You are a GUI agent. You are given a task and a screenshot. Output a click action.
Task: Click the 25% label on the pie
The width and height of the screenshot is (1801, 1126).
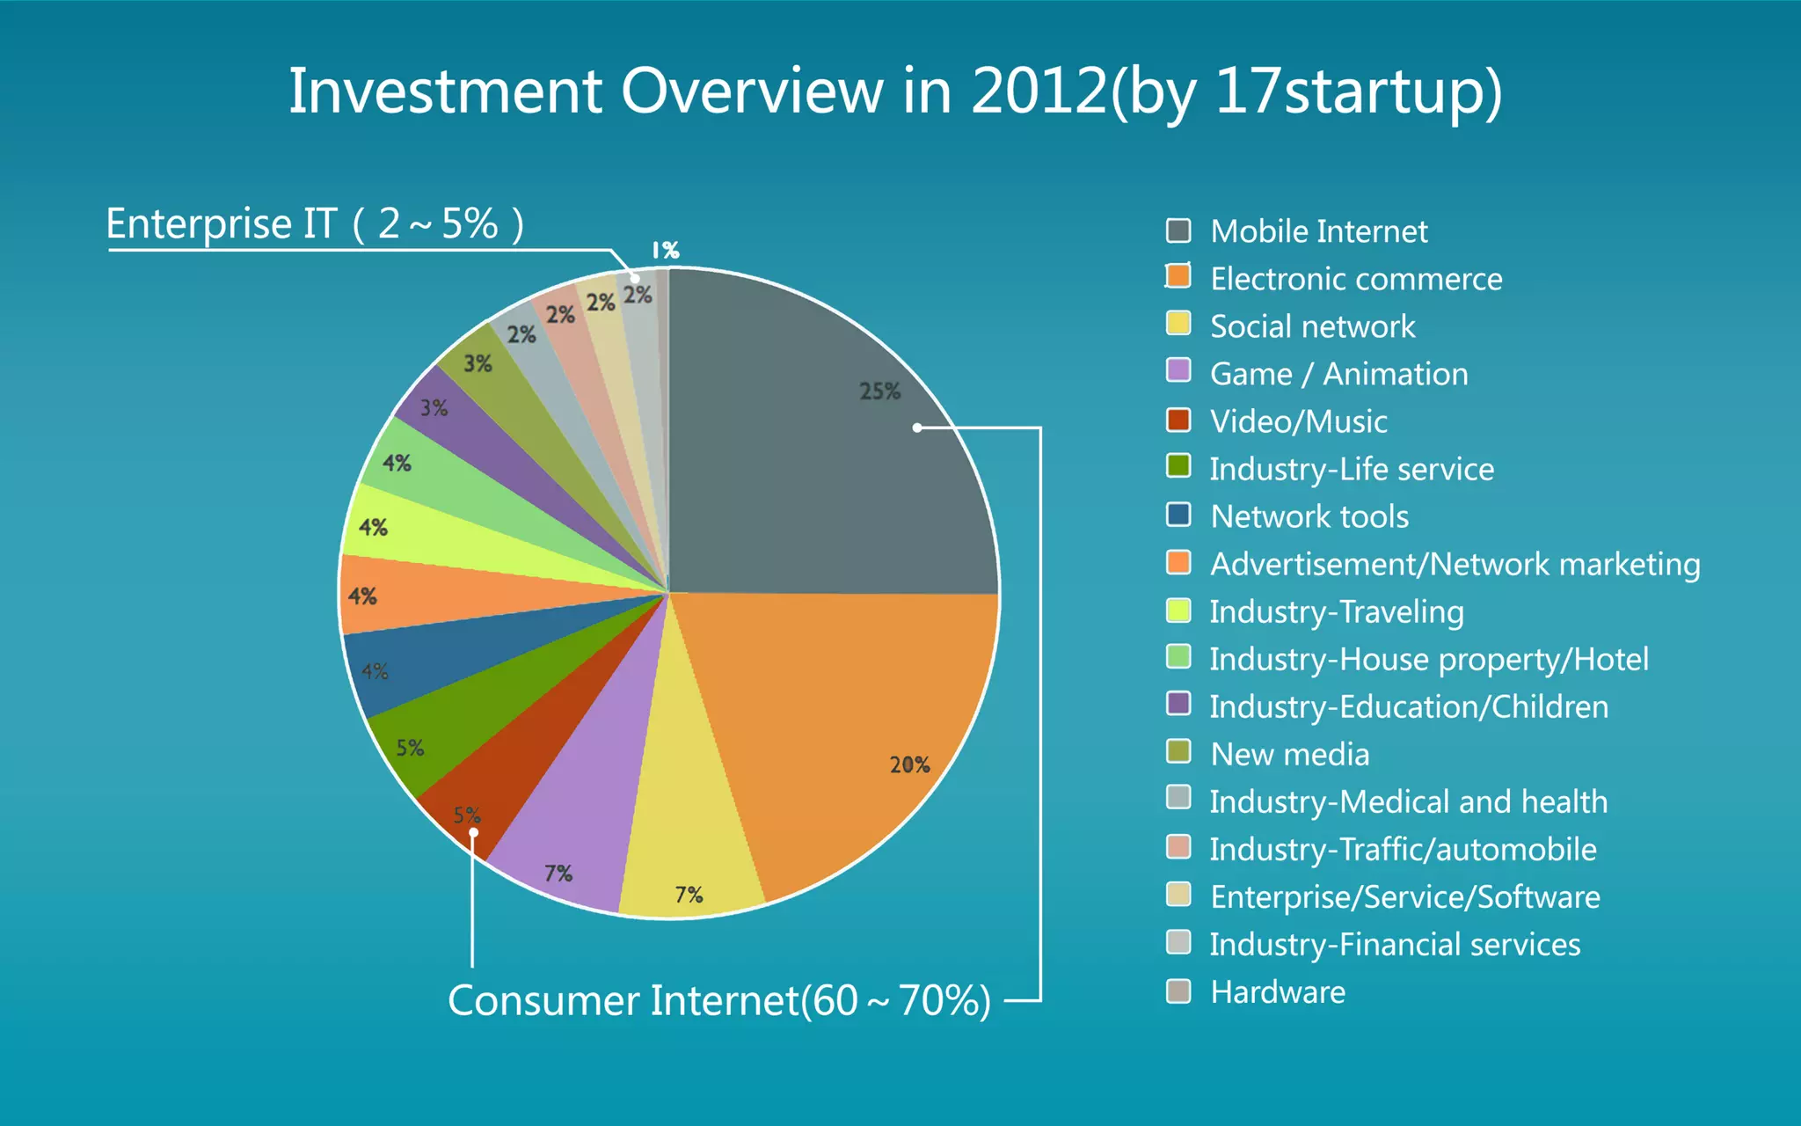click(879, 391)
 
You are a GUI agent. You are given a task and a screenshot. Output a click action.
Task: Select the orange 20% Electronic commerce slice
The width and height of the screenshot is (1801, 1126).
click(844, 721)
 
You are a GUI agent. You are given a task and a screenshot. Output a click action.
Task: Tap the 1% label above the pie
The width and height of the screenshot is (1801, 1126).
click(665, 251)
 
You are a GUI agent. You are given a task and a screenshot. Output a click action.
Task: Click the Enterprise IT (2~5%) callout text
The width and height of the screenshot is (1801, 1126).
click(314, 224)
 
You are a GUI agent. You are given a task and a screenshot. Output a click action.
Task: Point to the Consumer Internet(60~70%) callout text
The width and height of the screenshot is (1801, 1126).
click(718, 1000)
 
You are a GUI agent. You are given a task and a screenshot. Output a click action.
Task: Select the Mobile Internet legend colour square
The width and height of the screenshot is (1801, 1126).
click(1178, 231)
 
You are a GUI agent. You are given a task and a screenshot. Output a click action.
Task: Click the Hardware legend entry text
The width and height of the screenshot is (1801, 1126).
click(1277, 992)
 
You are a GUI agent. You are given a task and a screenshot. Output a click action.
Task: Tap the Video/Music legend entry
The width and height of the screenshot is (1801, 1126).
click(1298, 421)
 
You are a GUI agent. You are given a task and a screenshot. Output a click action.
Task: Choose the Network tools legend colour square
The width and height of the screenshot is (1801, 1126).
click(1178, 515)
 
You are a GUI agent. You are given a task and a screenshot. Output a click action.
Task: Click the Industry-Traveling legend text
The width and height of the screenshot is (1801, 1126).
click(1336, 611)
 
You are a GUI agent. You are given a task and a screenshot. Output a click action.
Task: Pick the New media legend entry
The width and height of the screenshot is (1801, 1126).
click(1289, 754)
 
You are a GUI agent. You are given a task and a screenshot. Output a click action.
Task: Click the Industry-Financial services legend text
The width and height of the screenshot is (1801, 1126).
click(1394, 945)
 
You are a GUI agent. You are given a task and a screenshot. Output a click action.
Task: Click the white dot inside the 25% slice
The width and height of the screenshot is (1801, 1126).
click(917, 428)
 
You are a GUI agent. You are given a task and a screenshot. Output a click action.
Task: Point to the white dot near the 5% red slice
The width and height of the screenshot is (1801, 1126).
click(473, 832)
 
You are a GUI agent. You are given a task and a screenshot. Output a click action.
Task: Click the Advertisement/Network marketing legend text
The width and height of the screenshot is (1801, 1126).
click(1455, 564)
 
